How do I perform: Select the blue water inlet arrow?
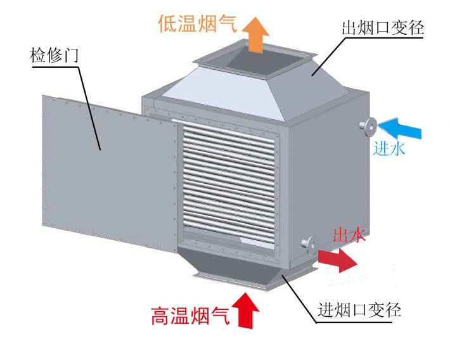pos(401,127)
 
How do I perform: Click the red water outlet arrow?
pos(337,259)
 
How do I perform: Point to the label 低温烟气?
pos(197,24)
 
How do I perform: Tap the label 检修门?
pos(53,55)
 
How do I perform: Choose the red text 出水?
pos(349,236)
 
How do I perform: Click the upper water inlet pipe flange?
pos(367,126)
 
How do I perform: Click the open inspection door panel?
pos(108,171)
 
